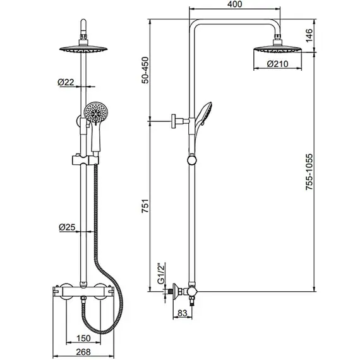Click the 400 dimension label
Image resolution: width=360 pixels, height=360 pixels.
[235, 4]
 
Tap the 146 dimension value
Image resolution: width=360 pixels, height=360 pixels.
[309, 35]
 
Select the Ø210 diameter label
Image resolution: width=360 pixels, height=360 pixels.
[277, 64]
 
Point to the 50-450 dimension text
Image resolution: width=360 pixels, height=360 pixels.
[145, 70]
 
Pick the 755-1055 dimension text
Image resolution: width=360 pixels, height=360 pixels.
[309, 172]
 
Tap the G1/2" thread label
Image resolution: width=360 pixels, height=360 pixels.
[162, 273]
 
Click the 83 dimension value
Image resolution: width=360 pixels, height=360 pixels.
[183, 313]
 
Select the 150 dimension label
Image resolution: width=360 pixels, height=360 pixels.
[83, 338]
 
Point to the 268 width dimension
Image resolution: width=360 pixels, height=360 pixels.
[83, 352]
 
